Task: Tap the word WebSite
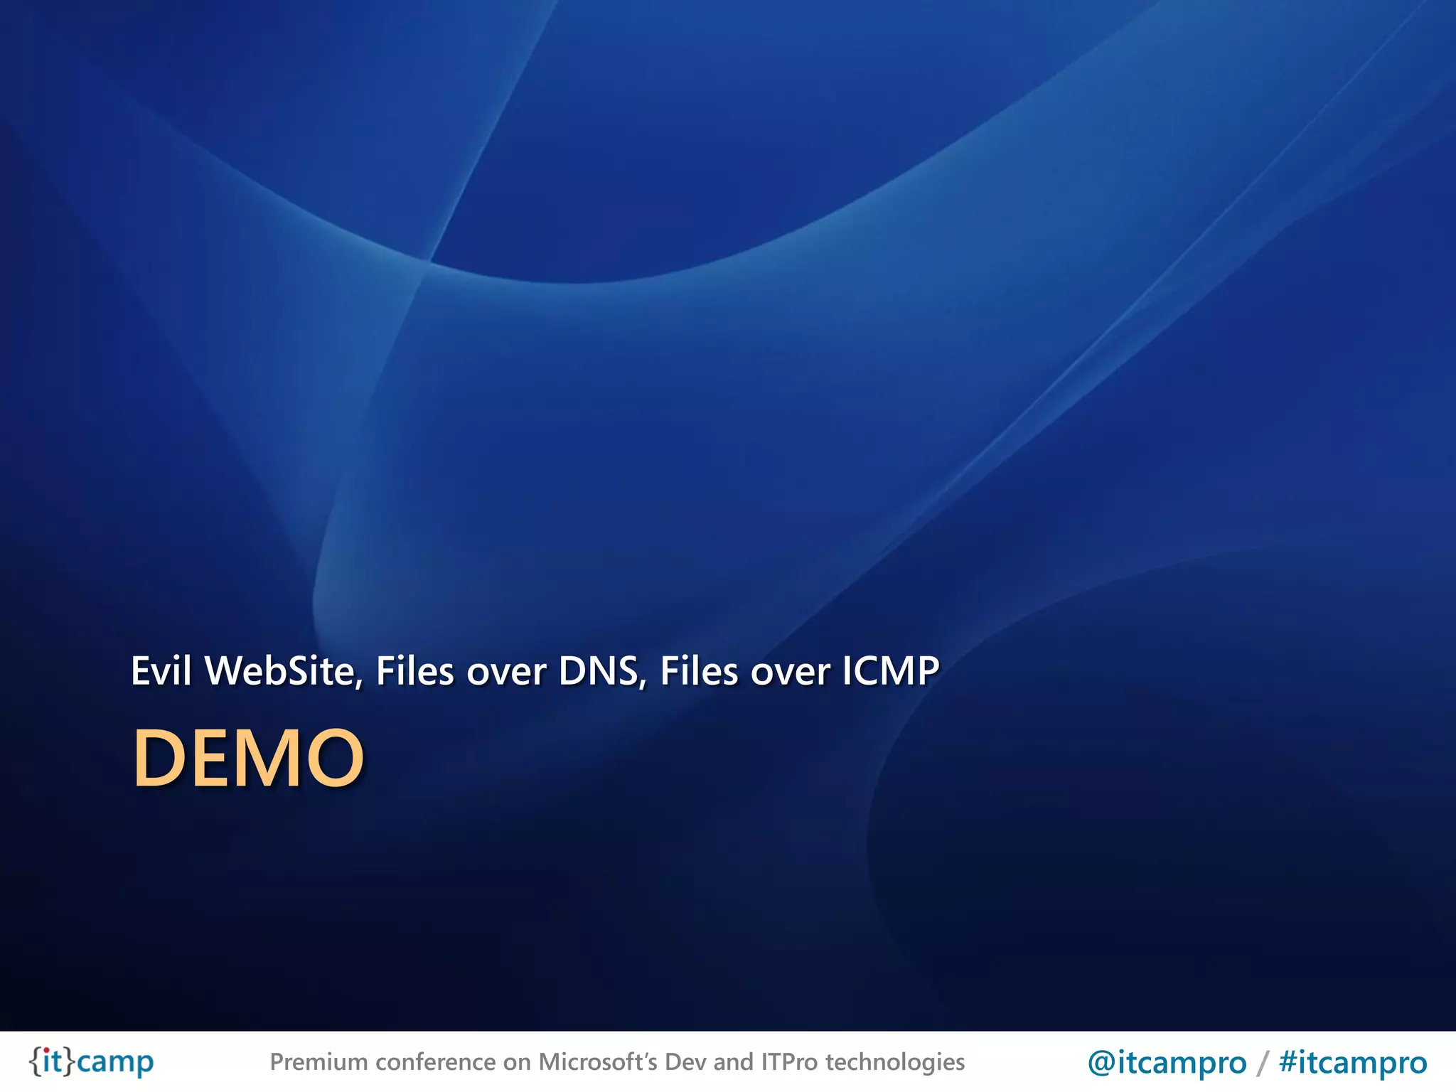tap(284, 670)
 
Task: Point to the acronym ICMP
tap(890, 670)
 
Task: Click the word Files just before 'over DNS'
tap(414, 670)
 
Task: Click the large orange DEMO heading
tap(248, 758)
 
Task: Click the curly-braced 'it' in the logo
tap(52, 1061)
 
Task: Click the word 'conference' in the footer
tap(436, 1062)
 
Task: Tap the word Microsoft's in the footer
tap(598, 1062)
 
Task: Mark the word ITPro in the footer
tap(789, 1062)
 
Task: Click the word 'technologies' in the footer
tap(895, 1062)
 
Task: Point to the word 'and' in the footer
tap(732, 1062)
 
